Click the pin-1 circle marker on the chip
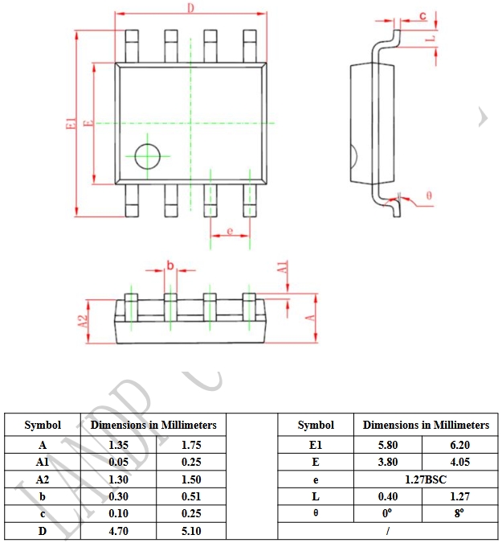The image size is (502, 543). pyautogui.click(x=147, y=156)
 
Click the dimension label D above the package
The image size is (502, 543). pyautogui.click(x=190, y=8)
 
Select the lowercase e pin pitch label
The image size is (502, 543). pyautogui.click(x=230, y=232)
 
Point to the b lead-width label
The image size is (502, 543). pyautogui.click(x=170, y=265)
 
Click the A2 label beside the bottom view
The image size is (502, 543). pyautogui.click(x=82, y=320)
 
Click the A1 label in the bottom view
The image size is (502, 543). pyautogui.click(x=282, y=269)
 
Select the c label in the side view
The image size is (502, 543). pyautogui.click(x=423, y=16)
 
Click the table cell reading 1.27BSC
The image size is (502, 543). pyautogui.click(x=426, y=479)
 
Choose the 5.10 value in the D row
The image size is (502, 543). pyautogui.click(x=191, y=531)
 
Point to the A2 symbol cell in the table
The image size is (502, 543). pyautogui.click(x=43, y=479)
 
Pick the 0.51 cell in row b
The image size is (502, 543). pyautogui.click(x=191, y=496)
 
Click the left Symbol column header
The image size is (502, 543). pyautogui.click(x=43, y=425)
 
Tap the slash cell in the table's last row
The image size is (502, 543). pyautogui.click(x=387, y=531)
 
